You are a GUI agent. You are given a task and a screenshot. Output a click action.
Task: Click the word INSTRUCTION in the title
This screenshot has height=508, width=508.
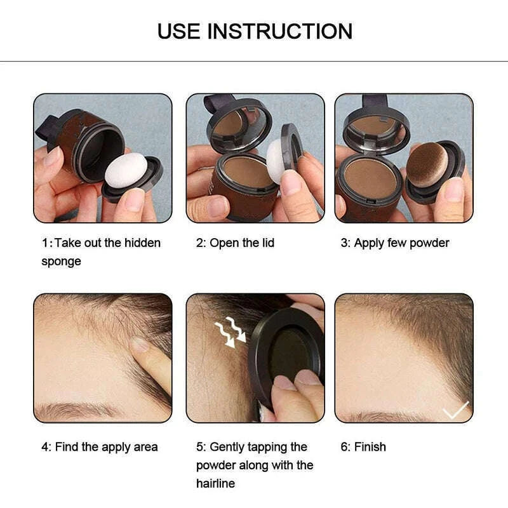[x=280, y=30]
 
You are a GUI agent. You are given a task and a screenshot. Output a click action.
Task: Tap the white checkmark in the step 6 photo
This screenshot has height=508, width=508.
[x=455, y=410]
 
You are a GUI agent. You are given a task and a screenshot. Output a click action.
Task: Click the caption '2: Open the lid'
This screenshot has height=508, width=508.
[x=235, y=243]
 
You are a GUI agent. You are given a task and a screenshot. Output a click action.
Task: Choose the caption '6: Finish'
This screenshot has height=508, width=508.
[x=363, y=447]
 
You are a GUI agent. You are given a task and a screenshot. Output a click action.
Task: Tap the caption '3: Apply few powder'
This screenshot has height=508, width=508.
[x=394, y=243]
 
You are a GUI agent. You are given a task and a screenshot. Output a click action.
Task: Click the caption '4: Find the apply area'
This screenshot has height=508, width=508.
[x=100, y=447]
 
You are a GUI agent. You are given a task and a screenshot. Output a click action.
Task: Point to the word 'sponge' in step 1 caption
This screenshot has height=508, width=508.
[x=61, y=262]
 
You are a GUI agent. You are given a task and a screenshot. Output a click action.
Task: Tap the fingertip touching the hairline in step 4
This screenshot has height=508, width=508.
[x=141, y=345]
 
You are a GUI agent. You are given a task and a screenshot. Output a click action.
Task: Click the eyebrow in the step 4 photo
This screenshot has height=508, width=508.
[x=70, y=410]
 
